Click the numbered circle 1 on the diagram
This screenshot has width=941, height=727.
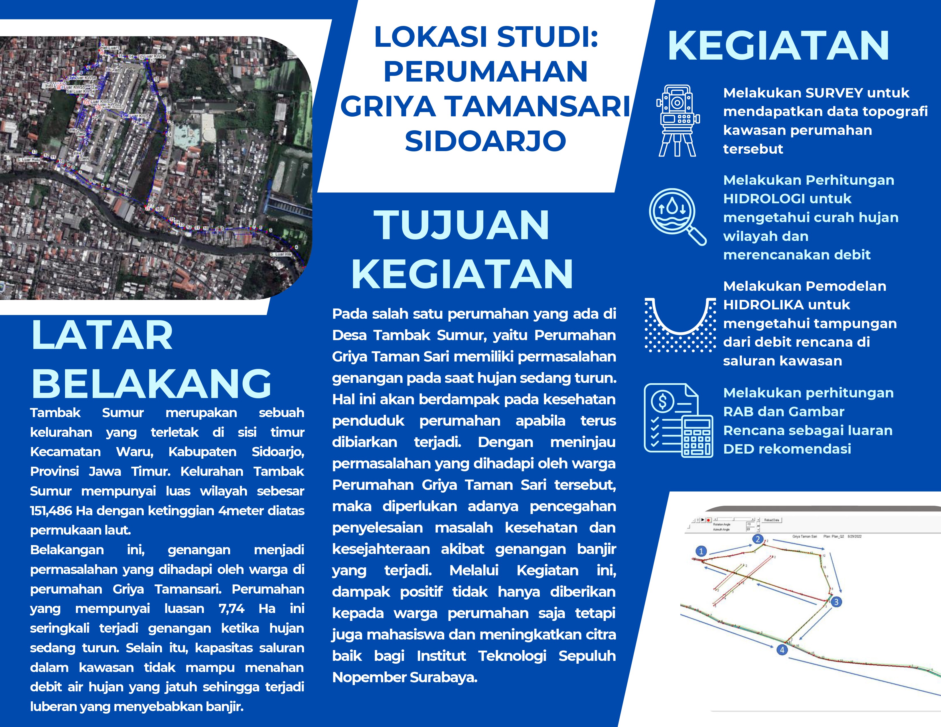[x=701, y=551]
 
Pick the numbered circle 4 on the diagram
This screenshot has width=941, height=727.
[x=782, y=650]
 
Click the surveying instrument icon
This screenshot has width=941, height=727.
[x=678, y=121]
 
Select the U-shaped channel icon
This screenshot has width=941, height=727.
[x=680, y=325]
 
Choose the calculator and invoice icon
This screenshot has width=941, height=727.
[x=678, y=420]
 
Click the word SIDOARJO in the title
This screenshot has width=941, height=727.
[x=486, y=141]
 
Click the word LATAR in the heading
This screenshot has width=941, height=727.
[x=102, y=336]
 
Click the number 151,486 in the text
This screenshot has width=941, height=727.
[x=51, y=511]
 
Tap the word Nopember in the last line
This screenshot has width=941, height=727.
[x=369, y=677]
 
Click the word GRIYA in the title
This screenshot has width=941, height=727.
[x=388, y=106]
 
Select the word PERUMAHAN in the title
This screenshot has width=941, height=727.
[x=486, y=72]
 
